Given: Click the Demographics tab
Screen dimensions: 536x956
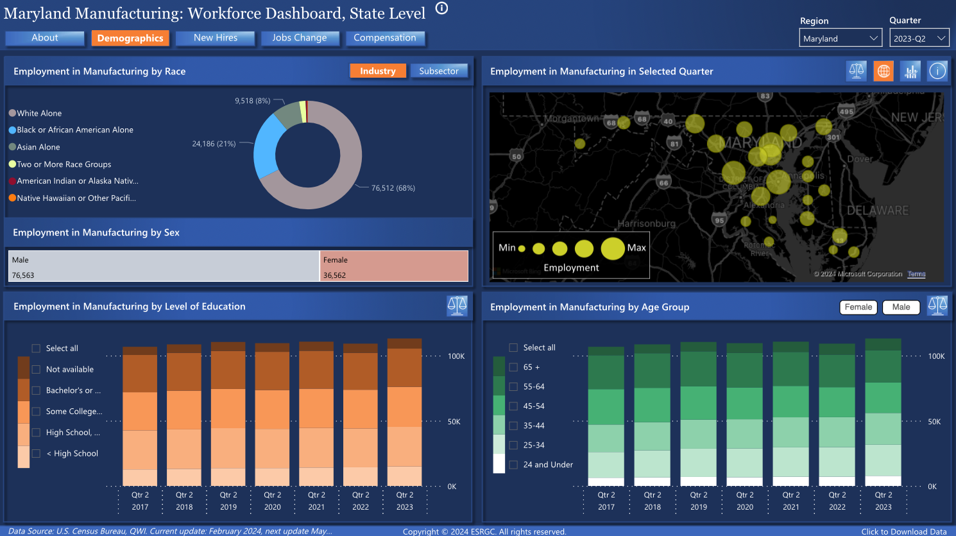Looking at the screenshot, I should coord(130,39).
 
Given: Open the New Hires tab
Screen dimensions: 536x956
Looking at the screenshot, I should coord(216,38).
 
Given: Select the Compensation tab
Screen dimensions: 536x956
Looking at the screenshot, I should coord(385,38).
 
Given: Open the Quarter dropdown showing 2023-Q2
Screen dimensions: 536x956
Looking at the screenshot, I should coord(919,39).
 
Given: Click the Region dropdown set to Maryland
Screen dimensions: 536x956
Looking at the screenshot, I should coord(841,39).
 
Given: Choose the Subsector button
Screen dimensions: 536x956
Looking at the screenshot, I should coord(439,71).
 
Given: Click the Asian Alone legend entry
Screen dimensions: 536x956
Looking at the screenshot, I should coord(38,147).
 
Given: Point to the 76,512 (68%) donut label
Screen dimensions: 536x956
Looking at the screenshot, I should coord(393,188).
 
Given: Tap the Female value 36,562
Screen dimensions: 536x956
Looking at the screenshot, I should coord(334,275).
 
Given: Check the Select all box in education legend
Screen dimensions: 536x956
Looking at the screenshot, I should coord(36,349).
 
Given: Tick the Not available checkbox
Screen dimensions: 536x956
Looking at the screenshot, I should coord(36,370).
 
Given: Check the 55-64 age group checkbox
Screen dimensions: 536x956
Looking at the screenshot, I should coord(513,387).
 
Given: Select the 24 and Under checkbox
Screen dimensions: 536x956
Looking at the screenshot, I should coord(513,465).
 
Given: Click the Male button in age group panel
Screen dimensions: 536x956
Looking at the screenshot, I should coord(901,307).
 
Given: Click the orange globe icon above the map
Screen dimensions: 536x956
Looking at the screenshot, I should coord(883,71).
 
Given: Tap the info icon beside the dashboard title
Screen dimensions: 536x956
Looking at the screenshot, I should coord(441,8).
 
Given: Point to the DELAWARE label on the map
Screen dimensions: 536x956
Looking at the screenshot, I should coord(877,211).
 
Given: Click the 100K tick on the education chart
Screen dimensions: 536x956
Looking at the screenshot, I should coord(456,356).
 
